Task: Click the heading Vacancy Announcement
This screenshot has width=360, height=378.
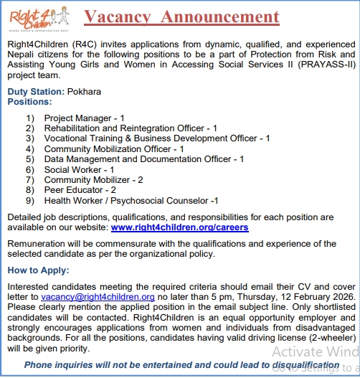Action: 181,16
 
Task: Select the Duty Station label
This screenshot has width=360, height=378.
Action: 35,92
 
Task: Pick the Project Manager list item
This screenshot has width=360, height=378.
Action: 85,118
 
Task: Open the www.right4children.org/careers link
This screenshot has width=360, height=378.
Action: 179,227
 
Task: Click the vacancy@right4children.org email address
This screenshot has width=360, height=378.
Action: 98,296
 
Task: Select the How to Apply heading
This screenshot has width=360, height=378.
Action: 38,270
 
